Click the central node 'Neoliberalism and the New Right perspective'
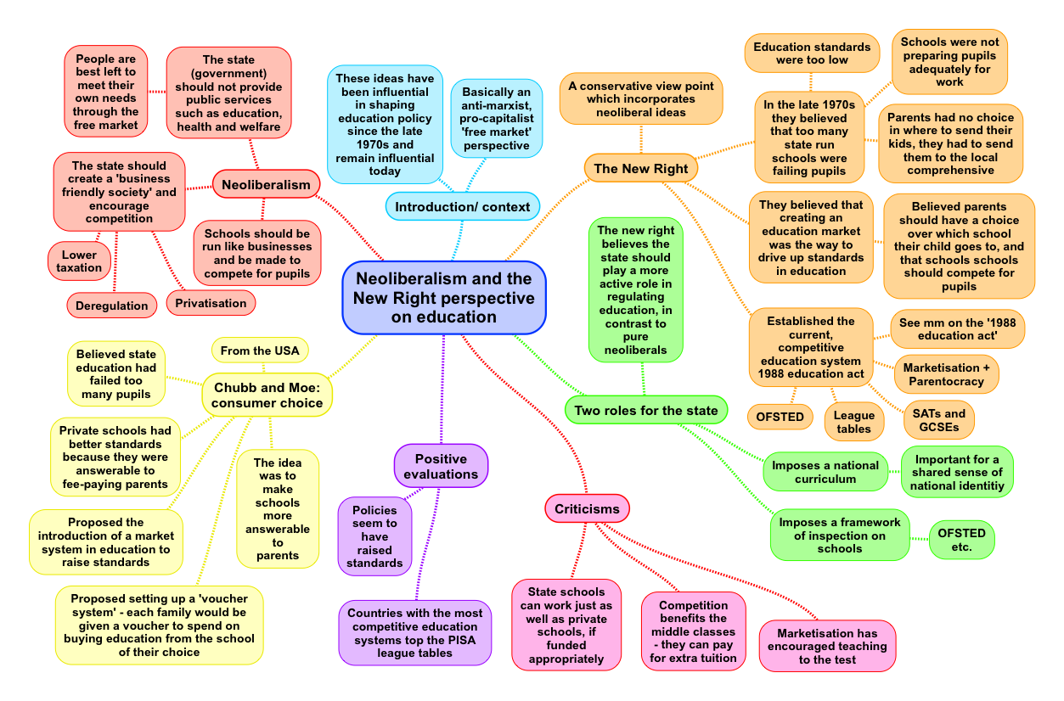[x=443, y=298]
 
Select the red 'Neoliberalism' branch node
[x=266, y=184]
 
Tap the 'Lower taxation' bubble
[x=79, y=261]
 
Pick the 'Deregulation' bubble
[x=111, y=306]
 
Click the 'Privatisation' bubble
[x=211, y=303]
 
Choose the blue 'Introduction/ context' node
[x=462, y=206]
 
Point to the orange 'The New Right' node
[x=641, y=168]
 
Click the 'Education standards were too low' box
[x=812, y=53]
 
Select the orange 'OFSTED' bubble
[x=780, y=417]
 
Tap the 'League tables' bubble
[x=854, y=422]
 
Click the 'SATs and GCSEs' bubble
[x=939, y=419]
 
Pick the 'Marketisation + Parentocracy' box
[x=946, y=374]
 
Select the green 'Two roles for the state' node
[x=646, y=410]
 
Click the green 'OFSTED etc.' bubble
[x=961, y=540]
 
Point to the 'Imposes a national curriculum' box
[x=825, y=472]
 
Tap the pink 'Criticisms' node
[x=587, y=508]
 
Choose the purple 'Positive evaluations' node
[x=441, y=466]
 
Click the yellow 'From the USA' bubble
[x=260, y=350]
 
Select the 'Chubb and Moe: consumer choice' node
[x=267, y=395]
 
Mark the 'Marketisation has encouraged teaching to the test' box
[x=827, y=646]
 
